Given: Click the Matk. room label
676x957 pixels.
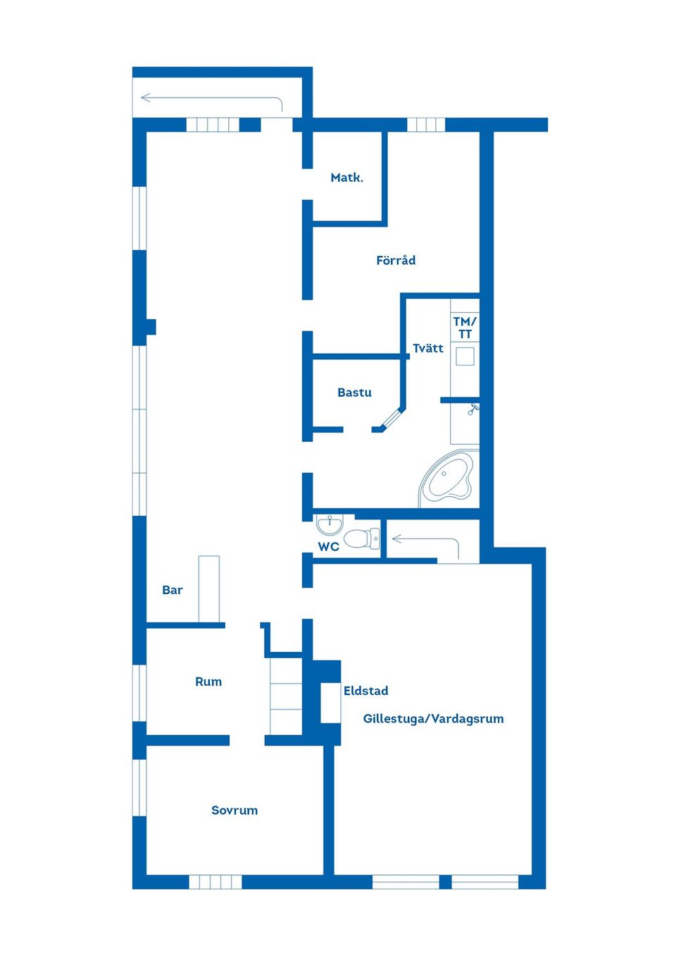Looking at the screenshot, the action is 346,178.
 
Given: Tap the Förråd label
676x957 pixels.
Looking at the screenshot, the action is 396,260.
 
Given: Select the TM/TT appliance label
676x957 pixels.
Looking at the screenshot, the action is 465,328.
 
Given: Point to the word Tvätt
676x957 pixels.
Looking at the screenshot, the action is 428,348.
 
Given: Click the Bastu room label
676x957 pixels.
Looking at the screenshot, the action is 354,393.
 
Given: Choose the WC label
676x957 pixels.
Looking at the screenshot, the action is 329,546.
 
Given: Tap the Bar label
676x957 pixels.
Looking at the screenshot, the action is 173,590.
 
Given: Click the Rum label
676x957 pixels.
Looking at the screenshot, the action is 208,681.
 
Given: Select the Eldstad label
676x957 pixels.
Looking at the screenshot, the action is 365,691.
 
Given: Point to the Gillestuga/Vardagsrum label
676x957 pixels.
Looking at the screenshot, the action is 433,719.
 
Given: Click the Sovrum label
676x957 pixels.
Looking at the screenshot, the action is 234,810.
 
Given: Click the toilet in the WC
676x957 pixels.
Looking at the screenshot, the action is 361,539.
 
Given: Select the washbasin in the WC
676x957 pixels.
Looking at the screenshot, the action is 329,524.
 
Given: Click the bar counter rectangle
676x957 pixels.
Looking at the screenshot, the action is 208,588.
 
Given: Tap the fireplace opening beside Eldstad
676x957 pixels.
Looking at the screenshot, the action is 331,703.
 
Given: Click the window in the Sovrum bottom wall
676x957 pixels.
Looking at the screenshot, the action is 215,882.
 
